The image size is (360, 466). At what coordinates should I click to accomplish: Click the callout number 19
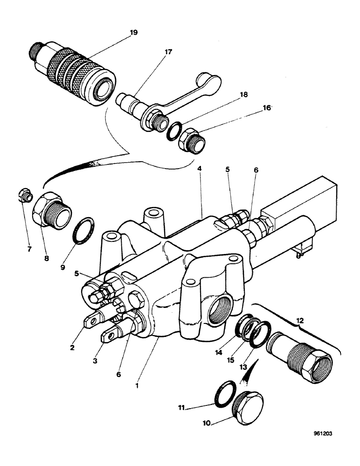click(x=134, y=33)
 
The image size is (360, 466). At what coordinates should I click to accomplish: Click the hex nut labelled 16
click(x=191, y=139)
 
